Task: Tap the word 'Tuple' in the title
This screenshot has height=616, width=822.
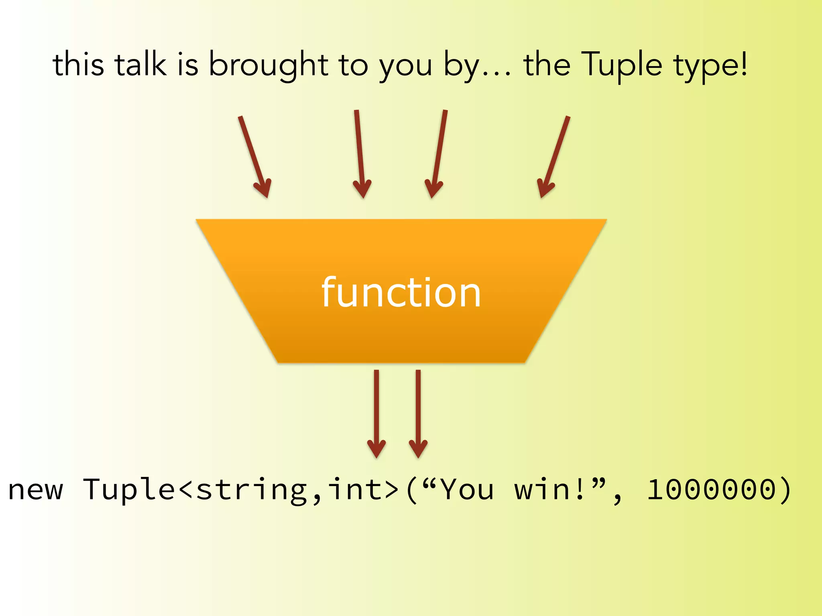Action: coord(623,65)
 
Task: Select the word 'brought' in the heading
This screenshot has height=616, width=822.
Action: coord(269,65)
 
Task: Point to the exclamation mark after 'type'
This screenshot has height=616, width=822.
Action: coord(744,64)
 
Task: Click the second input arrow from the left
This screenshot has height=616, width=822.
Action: coord(360,154)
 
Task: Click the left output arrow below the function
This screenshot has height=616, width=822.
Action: coord(376,413)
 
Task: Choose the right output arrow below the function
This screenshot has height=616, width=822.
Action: coord(418,413)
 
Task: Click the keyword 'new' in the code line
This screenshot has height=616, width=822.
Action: coord(36,490)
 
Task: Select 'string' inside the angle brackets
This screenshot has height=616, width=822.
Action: coord(252,490)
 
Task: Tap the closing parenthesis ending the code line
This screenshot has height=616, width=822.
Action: coord(785,490)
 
